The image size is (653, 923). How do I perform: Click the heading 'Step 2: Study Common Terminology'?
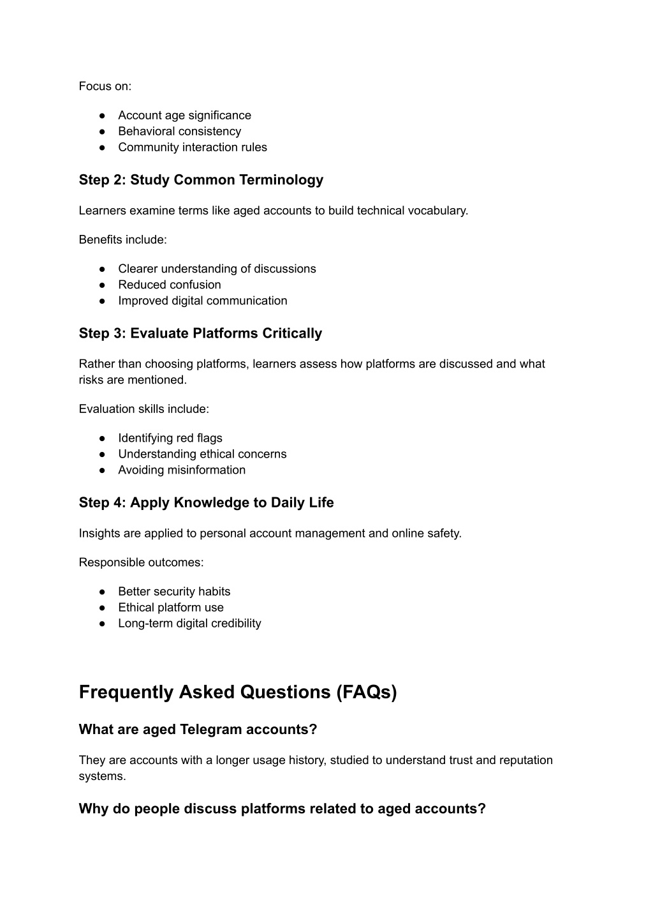tap(201, 180)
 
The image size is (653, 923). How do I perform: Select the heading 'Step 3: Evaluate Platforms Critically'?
tap(200, 333)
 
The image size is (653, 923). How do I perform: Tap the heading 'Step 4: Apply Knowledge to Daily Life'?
tap(206, 503)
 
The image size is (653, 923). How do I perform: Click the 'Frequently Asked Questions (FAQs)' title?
tap(238, 693)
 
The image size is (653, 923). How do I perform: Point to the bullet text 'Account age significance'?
tap(184, 116)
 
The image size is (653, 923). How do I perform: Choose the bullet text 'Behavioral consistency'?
tap(179, 131)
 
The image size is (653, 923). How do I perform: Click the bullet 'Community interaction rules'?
tap(192, 147)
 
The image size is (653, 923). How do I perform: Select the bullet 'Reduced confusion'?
tap(169, 285)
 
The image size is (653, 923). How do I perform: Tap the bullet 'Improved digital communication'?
tap(202, 301)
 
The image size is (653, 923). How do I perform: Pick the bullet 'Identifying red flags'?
tap(170, 438)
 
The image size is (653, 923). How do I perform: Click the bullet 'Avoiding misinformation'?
tap(181, 470)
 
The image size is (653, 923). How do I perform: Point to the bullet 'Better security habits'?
tap(174, 592)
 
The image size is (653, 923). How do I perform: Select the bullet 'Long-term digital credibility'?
tap(189, 624)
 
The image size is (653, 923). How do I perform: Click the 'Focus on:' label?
tap(105, 86)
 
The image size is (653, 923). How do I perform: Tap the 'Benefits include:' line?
tap(122, 240)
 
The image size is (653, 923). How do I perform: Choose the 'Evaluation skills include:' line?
tap(143, 409)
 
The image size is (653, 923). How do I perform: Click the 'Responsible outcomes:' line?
tap(141, 562)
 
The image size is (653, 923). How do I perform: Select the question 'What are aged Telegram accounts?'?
tap(198, 730)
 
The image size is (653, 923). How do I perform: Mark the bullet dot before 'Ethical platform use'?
tap(102, 608)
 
